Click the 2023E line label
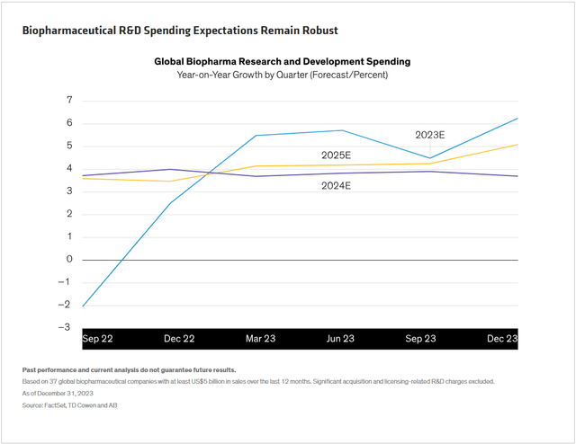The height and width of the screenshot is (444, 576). pyautogui.click(x=429, y=134)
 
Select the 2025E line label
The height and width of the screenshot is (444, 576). pyautogui.click(x=336, y=155)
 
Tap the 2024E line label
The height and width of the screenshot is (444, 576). pyautogui.click(x=336, y=186)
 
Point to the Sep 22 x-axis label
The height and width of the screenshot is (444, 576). pyautogui.click(x=96, y=339)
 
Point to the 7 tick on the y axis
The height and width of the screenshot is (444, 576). pyautogui.click(x=68, y=101)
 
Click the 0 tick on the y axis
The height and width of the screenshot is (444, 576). pyautogui.click(x=68, y=259)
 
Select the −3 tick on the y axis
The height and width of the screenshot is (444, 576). pyautogui.click(x=67, y=327)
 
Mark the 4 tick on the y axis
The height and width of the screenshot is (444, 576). pyautogui.click(x=68, y=168)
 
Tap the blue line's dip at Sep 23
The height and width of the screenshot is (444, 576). pyautogui.click(x=431, y=158)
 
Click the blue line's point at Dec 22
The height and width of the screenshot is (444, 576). pyautogui.click(x=171, y=203)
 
